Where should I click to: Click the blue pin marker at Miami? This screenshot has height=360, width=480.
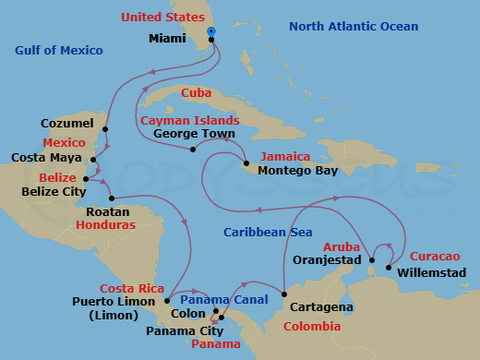pyautogui.click(x=211, y=31)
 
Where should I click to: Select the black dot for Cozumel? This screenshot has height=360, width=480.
pyautogui.click(x=105, y=129)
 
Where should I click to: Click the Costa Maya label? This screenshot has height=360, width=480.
pyautogui.click(x=44, y=159)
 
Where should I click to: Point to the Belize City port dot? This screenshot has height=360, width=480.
pyautogui.click(x=85, y=179)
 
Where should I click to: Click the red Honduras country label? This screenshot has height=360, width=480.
pyautogui.click(x=106, y=224)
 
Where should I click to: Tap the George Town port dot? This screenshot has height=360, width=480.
pyautogui.click(x=192, y=150)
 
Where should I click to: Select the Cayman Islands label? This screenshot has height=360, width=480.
pyautogui.click(x=190, y=120)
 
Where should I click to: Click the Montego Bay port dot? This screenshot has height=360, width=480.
pyautogui.click(x=246, y=164)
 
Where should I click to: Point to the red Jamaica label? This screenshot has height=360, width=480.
pyautogui.click(x=285, y=157)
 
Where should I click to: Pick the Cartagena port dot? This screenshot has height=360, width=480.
pyautogui.click(x=282, y=295)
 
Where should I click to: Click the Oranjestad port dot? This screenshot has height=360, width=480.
pyautogui.click(x=370, y=259)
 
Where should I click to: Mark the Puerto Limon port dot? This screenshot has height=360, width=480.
pyautogui.click(x=166, y=299)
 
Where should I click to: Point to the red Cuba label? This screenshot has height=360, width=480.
pyautogui.click(x=197, y=93)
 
